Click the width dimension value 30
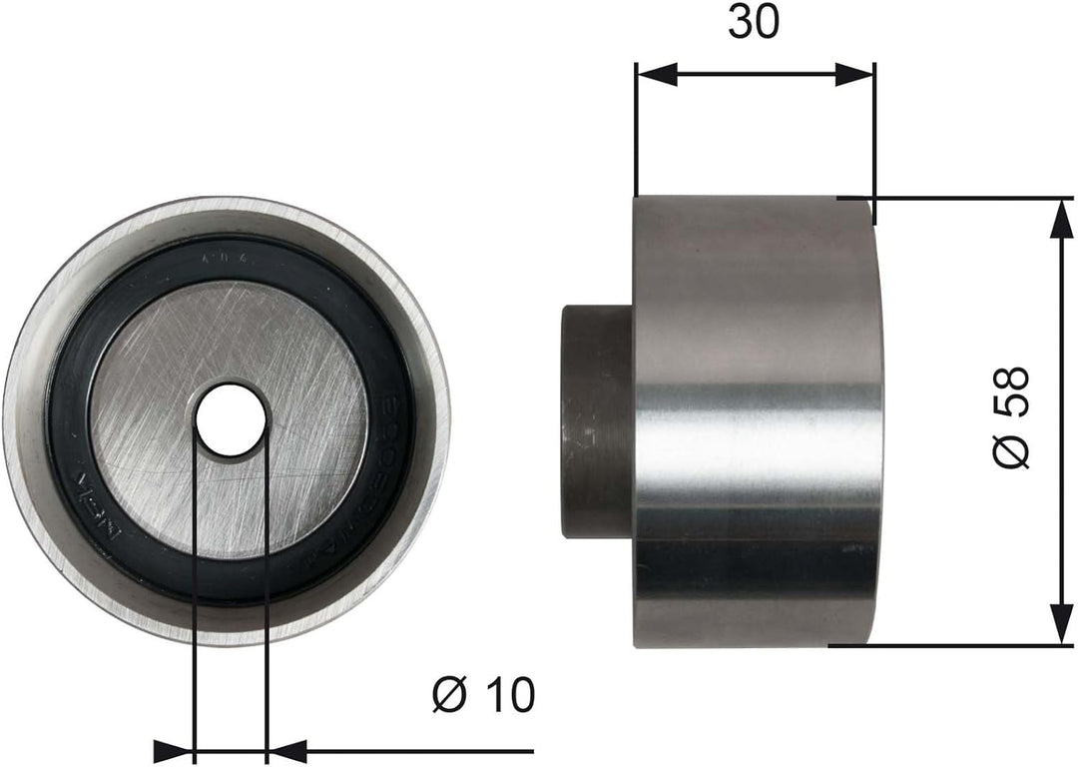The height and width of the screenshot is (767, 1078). click(753, 23)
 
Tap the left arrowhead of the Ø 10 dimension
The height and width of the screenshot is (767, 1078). click(174, 750)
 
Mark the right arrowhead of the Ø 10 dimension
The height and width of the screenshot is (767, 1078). click(287, 750)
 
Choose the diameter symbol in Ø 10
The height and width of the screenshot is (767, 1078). click(448, 695)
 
